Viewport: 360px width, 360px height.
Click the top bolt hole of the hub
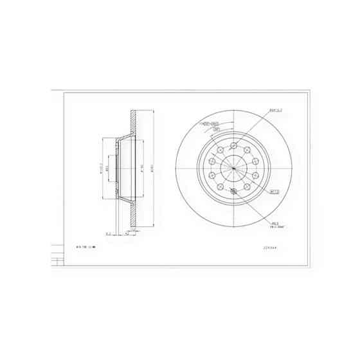[x=233, y=145]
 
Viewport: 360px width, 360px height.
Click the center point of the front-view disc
[x=233, y=169]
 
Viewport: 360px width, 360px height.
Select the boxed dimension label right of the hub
[x=273, y=191]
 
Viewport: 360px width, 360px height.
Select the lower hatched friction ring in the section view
[x=134, y=215]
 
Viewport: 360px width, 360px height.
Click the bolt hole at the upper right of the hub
[x=247, y=150]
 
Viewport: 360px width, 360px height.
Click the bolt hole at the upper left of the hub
[x=219, y=150]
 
